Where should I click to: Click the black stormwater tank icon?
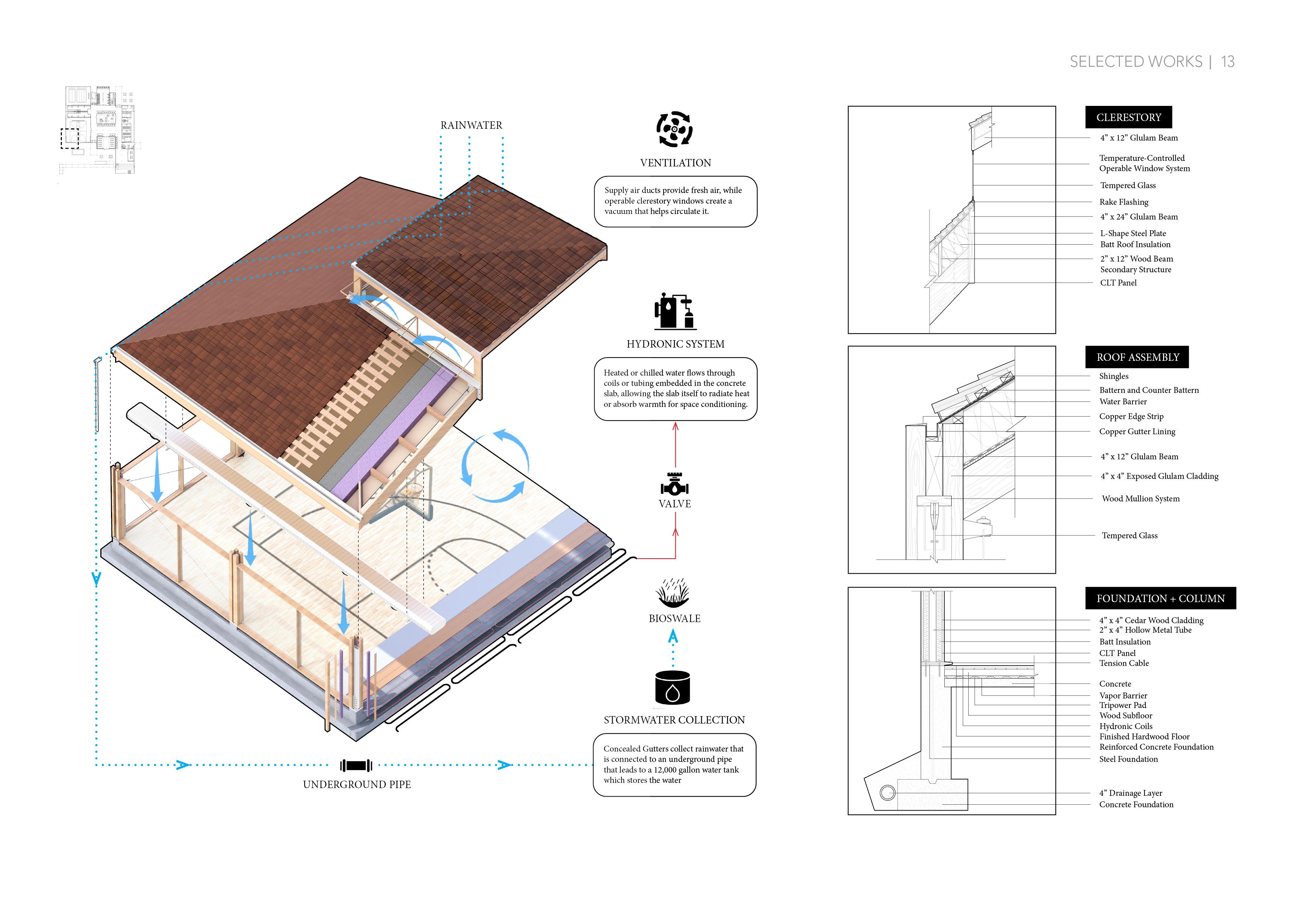672,687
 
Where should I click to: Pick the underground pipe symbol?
356,765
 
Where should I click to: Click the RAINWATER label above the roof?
471,125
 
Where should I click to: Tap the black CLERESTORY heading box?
1128,117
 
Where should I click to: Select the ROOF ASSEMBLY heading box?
1137,357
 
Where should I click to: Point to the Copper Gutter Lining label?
1137,431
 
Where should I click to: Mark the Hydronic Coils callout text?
1125,726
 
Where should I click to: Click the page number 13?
1228,62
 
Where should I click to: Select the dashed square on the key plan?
70,138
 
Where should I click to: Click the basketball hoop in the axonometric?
414,489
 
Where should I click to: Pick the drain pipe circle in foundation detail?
888,792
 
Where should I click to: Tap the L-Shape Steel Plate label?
1133,233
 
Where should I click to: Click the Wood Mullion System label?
1140,498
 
